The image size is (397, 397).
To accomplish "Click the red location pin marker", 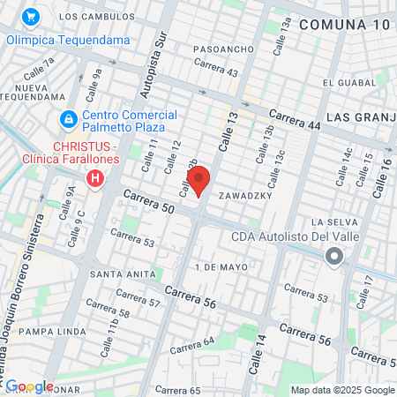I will tap(198, 180).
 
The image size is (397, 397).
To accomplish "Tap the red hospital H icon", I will tap(95, 180).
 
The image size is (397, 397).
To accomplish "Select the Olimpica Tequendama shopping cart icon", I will tap(32, 17).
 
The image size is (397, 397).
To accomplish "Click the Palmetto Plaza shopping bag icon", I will tap(67, 118).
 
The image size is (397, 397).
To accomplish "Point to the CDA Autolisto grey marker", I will tap(333, 257).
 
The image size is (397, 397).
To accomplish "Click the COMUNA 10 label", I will tap(343, 25).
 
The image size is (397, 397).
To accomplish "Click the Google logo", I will tap(29, 386).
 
